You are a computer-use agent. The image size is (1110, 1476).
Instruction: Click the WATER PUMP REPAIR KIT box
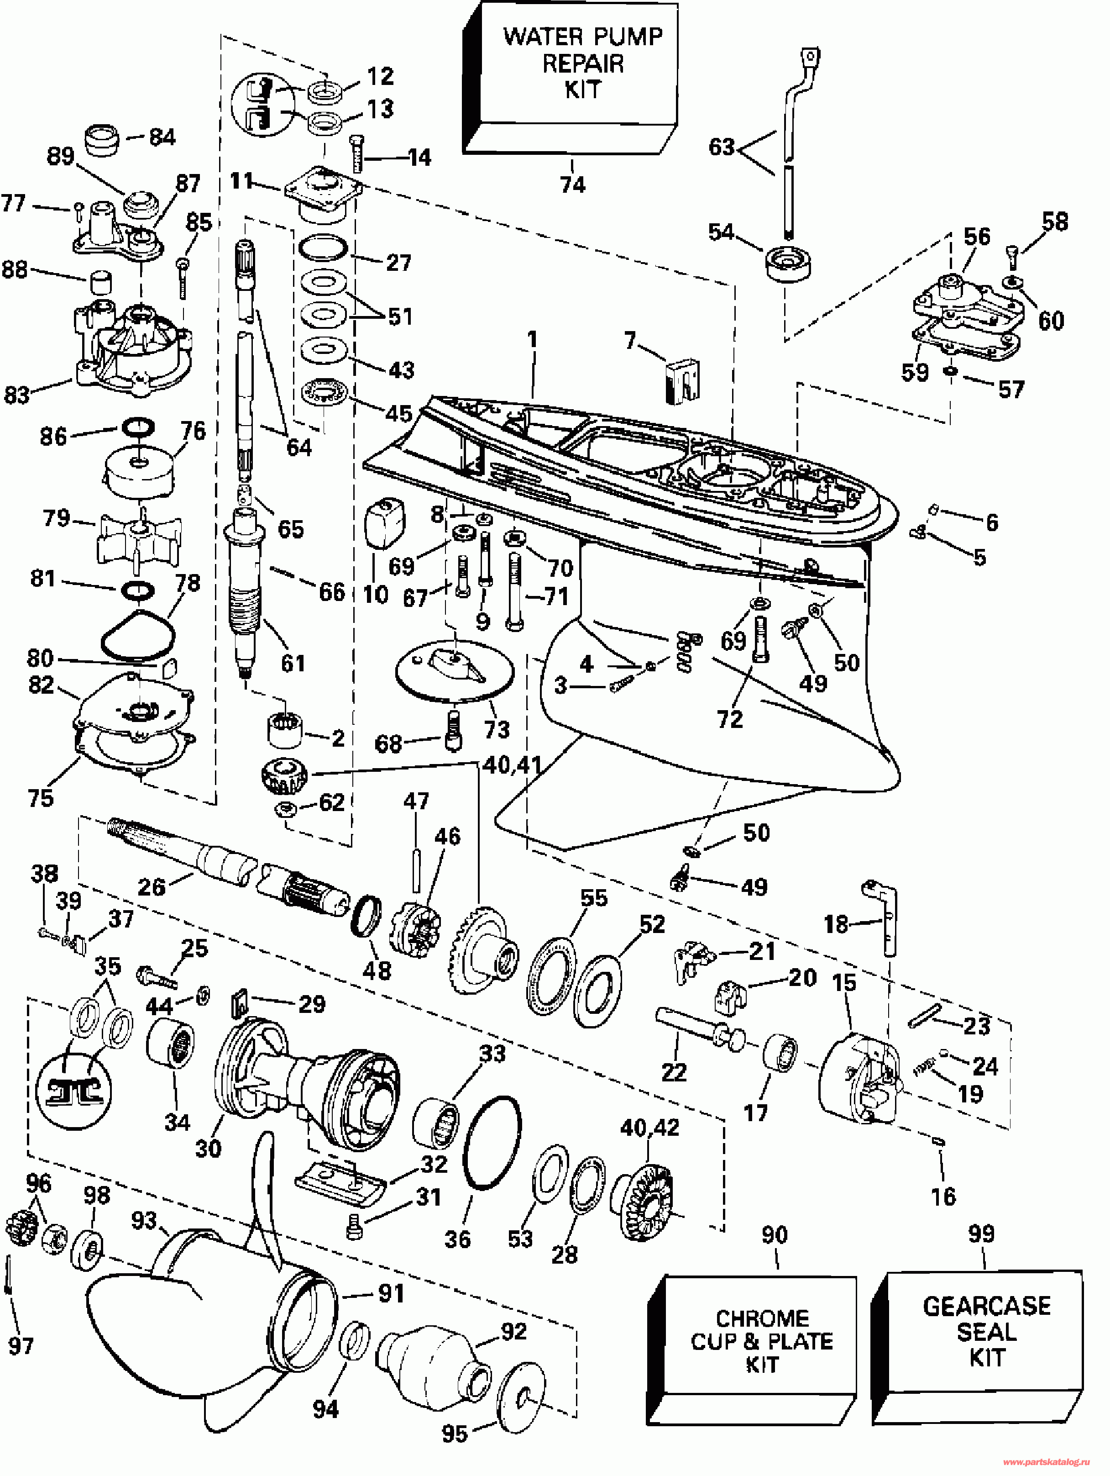coord(571,78)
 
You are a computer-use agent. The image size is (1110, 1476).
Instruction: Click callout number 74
coord(573,184)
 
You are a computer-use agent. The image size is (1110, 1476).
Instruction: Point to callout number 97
coord(21,1346)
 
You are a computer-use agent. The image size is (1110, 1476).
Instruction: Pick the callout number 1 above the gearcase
coord(532,340)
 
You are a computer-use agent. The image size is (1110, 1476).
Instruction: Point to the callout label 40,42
coord(650,1128)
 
